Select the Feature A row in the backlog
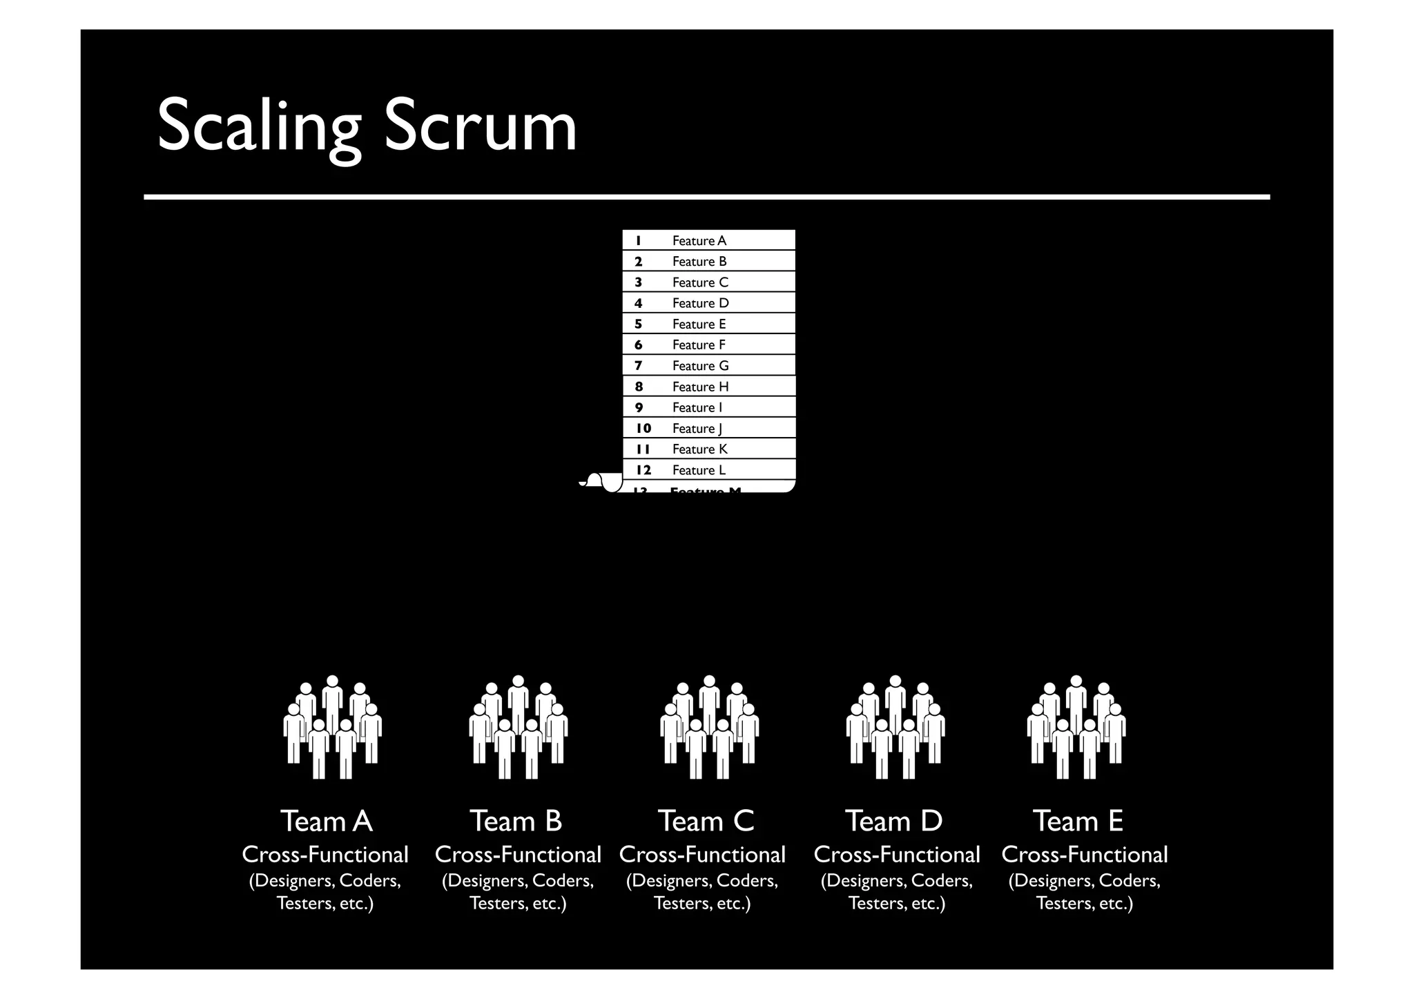click(699, 240)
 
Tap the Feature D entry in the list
click(700, 303)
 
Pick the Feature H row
click(700, 387)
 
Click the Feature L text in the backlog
click(699, 470)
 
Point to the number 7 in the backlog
click(639, 366)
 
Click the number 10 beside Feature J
click(643, 428)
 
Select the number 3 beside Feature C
click(639, 282)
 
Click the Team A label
click(326, 822)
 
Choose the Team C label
click(706, 822)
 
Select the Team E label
click(1078, 822)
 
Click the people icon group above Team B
click(518, 727)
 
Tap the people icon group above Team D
click(895, 727)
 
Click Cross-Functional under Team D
click(896, 855)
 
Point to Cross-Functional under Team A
click(325, 855)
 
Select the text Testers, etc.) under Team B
click(518, 903)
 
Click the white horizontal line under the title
click(706, 197)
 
